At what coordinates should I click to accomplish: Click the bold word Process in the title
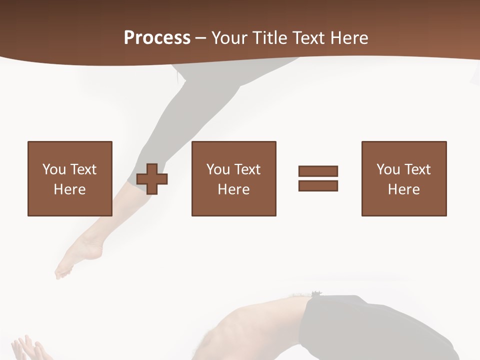point(157,37)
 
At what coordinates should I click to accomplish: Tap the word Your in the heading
point(228,37)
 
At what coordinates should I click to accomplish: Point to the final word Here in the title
point(348,37)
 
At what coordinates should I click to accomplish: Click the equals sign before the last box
point(318,178)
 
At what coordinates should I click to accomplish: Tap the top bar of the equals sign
point(318,171)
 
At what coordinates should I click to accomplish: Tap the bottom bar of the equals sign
point(318,185)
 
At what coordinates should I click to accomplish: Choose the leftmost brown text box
point(69,178)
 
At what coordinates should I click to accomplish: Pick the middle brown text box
point(233,178)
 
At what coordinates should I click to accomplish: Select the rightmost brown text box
point(403,178)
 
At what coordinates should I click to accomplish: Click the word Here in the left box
point(69,189)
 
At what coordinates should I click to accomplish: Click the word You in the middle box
point(218,169)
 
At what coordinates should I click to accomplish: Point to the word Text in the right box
point(417,169)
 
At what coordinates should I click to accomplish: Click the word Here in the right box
point(403,189)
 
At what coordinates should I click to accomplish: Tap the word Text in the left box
point(83,169)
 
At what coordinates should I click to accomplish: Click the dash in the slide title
point(200,38)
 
